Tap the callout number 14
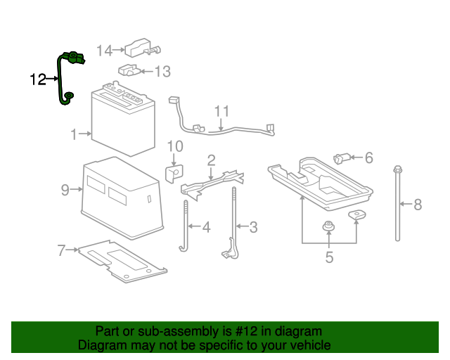pyautogui.click(x=104, y=50)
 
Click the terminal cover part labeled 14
pyautogui.click(x=141, y=47)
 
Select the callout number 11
pyautogui.click(x=222, y=111)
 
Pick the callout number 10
pyautogui.click(x=174, y=146)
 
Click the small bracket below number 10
pyautogui.click(x=174, y=171)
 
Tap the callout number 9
pyautogui.click(x=65, y=189)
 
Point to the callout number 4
pyautogui.click(x=206, y=227)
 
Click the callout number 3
pyautogui.click(x=253, y=226)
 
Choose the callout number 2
pyautogui.click(x=210, y=160)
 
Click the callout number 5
pyautogui.click(x=329, y=257)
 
